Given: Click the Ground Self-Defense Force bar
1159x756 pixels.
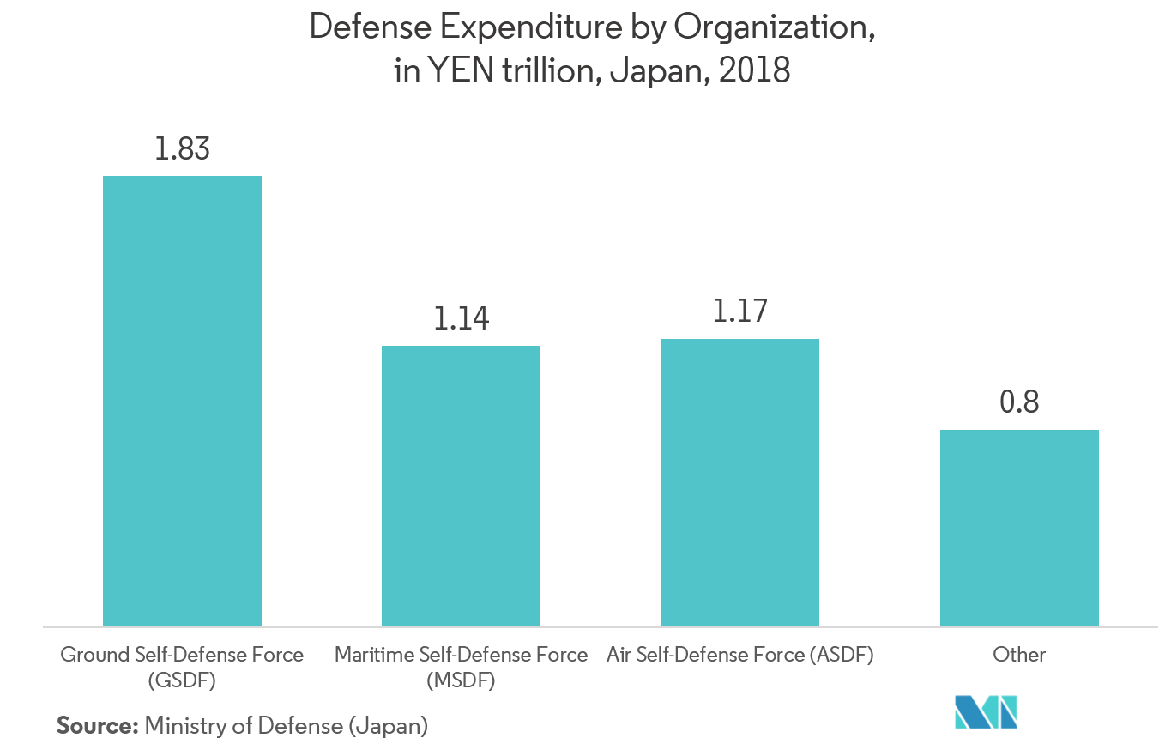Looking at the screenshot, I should (182, 401).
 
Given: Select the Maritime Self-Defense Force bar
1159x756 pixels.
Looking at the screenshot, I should (461, 486).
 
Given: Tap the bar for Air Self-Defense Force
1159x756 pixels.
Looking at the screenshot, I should (739, 482).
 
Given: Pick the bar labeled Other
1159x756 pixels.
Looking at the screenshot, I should (1019, 528).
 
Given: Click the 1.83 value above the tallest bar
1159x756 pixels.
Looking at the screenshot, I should (182, 149).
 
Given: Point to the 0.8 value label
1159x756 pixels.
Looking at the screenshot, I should (1019, 402).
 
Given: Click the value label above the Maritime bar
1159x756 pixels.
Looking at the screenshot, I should (461, 319).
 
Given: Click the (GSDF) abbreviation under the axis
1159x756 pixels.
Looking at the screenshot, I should (182, 681).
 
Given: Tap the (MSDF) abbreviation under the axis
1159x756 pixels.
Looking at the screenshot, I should (461, 681).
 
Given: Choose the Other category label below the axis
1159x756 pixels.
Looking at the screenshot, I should (1019, 655).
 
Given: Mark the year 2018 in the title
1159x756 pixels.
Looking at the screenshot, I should (755, 70).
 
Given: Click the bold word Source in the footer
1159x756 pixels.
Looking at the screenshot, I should (97, 726).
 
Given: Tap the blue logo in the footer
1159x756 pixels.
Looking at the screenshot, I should (987, 713).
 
